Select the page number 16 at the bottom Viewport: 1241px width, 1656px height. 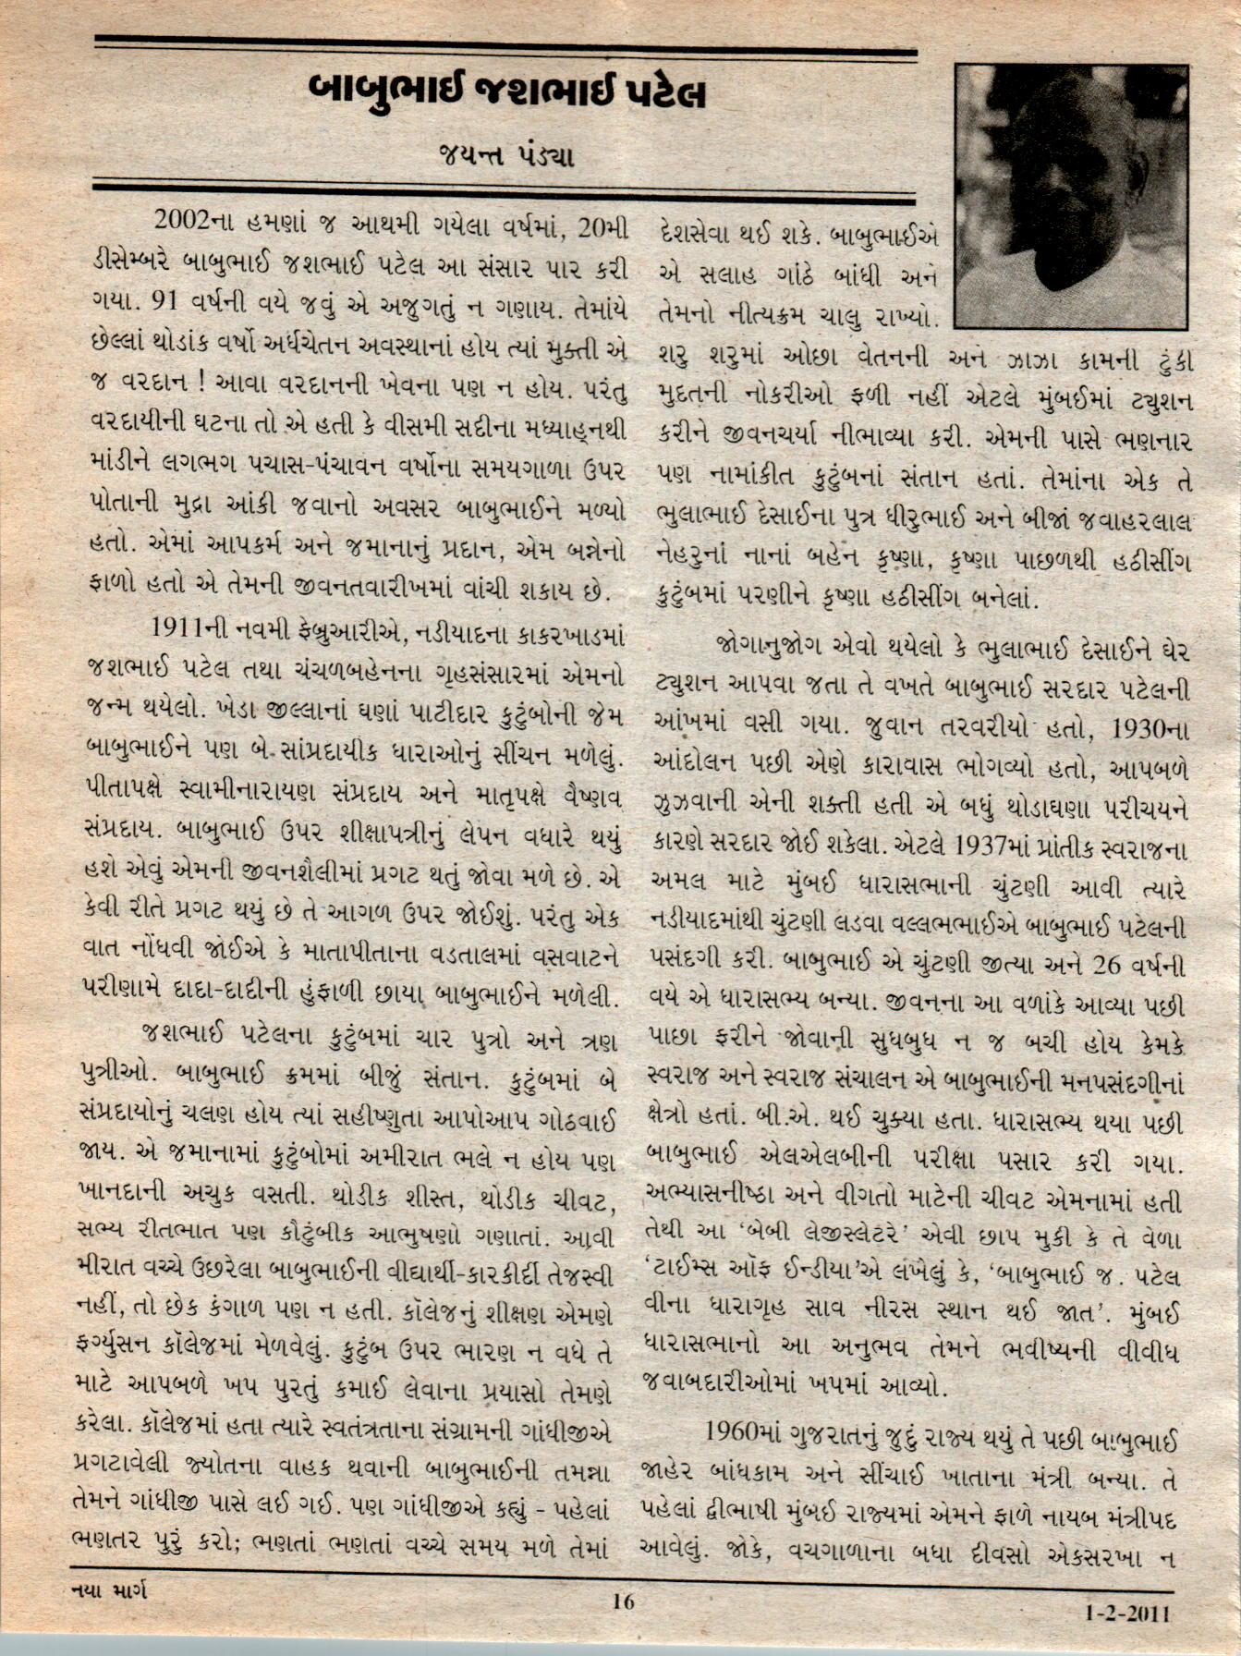(624, 1601)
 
